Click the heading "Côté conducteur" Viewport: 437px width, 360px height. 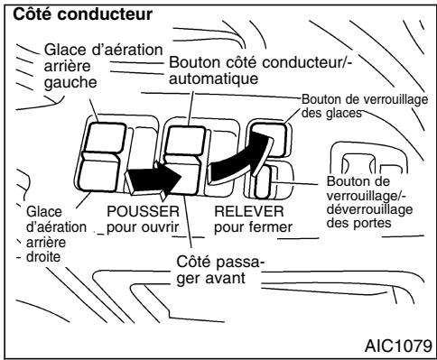[x=68, y=15]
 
